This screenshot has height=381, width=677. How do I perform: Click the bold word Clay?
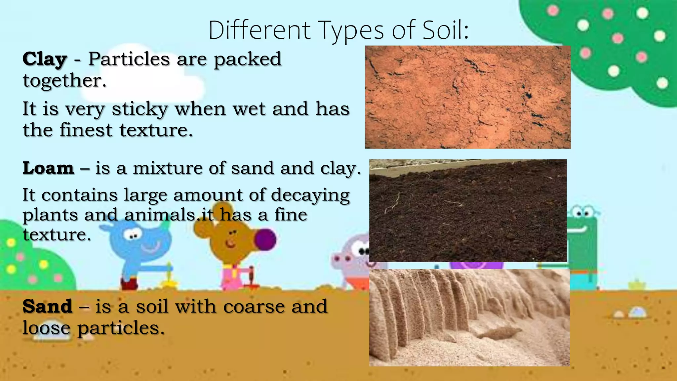tap(45, 60)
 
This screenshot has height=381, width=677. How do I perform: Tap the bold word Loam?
tap(48, 168)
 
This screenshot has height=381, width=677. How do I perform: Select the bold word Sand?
tap(47, 306)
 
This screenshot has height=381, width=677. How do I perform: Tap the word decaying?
tap(310, 195)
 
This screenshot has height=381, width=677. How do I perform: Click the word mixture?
tap(168, 168)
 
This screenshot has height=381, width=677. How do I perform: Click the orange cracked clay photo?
tap(468, 97)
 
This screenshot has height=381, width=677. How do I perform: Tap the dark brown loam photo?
tap(468, 211)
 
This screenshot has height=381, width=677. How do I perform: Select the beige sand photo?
tap(469, 317)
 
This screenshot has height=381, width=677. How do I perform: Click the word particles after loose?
tap(121, 328)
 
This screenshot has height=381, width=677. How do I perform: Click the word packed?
tap(247, 60)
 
